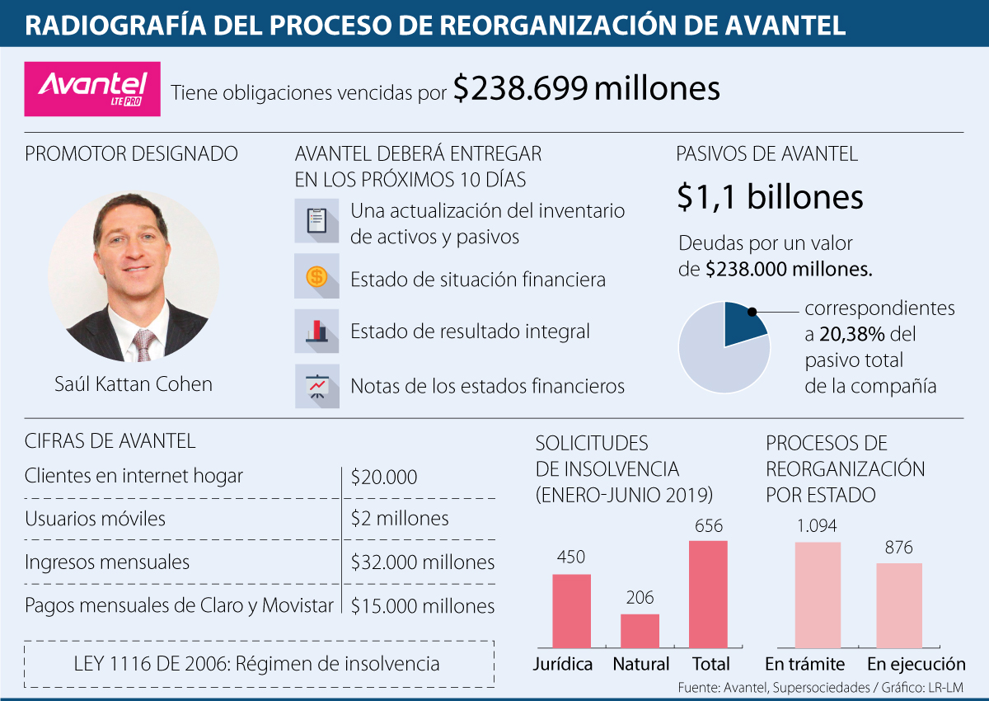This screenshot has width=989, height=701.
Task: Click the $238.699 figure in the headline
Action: coord(519,89)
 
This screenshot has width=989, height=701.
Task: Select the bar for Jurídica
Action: coord(571,610)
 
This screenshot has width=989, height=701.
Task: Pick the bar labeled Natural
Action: coord(640,630)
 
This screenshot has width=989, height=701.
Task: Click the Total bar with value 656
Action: coord(708,594)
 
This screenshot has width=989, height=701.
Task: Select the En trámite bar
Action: coord(818,595)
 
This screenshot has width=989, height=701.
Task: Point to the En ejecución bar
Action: coord(899,605)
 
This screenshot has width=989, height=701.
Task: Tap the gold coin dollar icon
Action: coord(316,277)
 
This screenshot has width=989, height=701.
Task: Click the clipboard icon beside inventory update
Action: coord(316,221)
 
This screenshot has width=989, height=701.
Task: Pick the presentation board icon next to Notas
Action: coord(316,386)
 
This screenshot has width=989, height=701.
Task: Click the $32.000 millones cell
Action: coord(422,562)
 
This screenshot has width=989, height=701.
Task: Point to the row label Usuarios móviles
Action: coord(96,519)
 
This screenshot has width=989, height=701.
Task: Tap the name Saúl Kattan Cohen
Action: coord(134,384)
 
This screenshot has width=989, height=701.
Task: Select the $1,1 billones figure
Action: coord(770,197)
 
